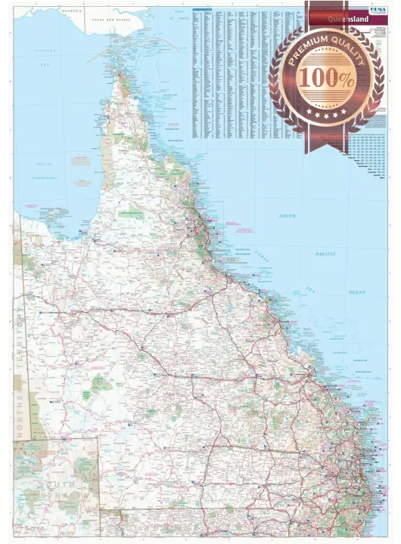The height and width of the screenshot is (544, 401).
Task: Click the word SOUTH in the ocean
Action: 288,216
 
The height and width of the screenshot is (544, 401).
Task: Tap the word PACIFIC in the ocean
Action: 325,254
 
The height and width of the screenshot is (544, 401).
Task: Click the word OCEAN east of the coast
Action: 356,292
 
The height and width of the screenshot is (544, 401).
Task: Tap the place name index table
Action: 242,72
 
